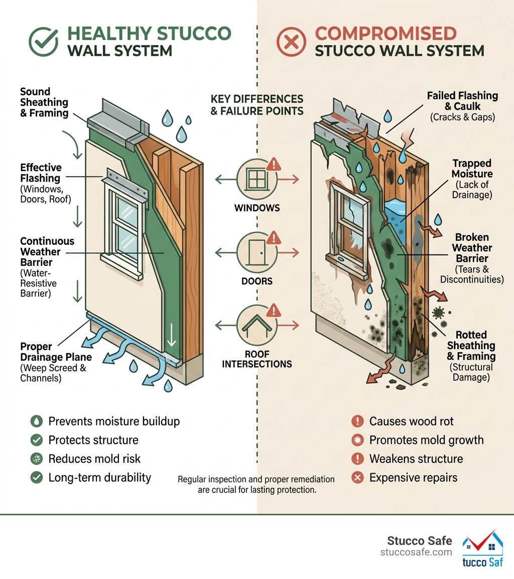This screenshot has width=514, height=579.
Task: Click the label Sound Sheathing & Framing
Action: pos(44,102)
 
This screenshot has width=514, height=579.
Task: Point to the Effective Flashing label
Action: pos(41,173)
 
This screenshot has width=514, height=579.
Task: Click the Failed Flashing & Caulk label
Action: pos(462,101)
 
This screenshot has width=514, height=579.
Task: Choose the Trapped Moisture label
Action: pos(472,169)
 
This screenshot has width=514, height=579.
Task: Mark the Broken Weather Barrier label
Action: pos(472,248)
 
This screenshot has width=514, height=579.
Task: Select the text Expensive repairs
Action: pos(413,477)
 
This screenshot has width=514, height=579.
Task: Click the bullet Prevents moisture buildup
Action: pos(113,421)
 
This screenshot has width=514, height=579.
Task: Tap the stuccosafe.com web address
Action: pos(416,552)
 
